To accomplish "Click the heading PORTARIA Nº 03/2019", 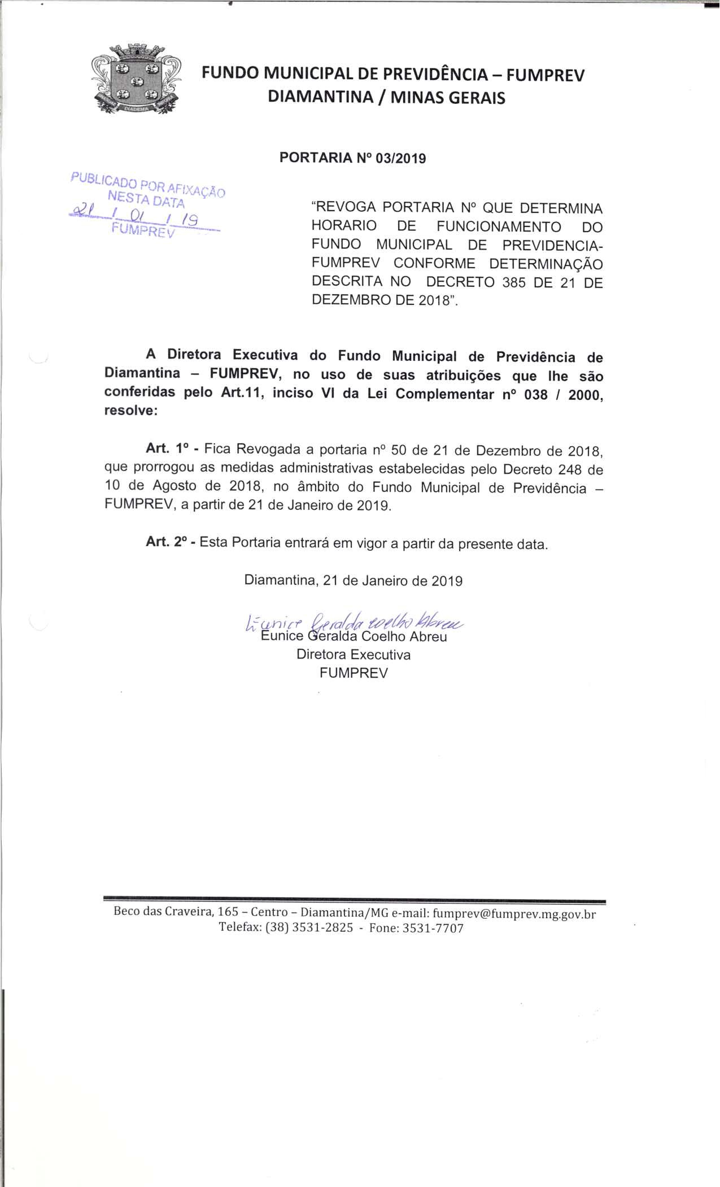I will [353, 158].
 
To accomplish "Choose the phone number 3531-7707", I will [433, 928].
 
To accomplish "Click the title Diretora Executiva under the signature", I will [354, 655].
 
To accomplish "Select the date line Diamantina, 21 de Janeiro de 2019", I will [354, 581].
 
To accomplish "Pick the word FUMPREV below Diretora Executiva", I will [354, 673].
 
